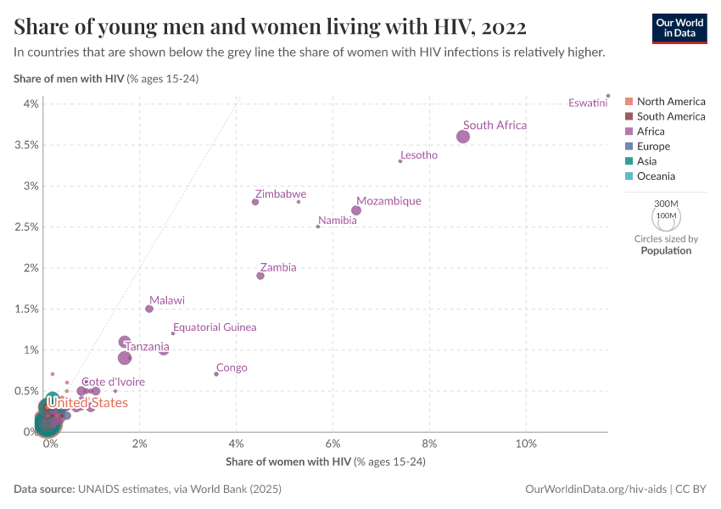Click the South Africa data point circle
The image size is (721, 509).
(x=463, y=137)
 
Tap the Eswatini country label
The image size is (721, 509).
(x=588, y=103)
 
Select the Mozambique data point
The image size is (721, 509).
(x=356, y=210)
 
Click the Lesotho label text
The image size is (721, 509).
(x=419, y=155)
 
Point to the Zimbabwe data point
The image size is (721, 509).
(x=255, y=202)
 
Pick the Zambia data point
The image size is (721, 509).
(x=260, y=276)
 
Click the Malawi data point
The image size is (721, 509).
(x=149, y=309)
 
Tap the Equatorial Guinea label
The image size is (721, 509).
(x=215, y=327)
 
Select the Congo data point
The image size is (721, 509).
(x=216, y=374)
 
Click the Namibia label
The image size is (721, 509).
(x=337, y=221)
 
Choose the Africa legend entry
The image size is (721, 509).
(x=651, y=131)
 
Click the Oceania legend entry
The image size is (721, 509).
(x=656, y=176)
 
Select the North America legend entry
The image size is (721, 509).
(x=670, y=102)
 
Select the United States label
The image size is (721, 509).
(x=87, y=403)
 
